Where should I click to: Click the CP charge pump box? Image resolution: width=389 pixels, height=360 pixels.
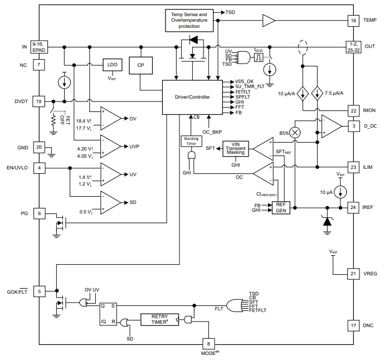140,65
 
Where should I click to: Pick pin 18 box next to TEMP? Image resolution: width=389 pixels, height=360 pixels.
353,20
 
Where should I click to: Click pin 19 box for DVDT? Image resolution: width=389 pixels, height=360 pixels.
38,101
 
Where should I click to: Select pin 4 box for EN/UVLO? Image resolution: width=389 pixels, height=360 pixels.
38,167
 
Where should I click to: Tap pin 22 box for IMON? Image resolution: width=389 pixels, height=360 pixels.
353,110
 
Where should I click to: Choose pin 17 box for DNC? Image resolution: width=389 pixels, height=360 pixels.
353,325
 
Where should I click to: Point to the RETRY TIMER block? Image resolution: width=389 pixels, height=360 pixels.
159,319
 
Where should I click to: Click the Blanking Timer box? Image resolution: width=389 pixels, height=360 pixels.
189,141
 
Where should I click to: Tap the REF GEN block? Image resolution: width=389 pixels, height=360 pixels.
280,208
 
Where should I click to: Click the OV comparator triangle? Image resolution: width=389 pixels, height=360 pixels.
112,118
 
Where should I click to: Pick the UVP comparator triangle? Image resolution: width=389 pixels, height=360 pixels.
112,146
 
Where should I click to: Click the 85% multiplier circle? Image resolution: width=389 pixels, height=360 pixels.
295,132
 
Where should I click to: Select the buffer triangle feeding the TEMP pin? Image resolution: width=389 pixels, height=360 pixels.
269,21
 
